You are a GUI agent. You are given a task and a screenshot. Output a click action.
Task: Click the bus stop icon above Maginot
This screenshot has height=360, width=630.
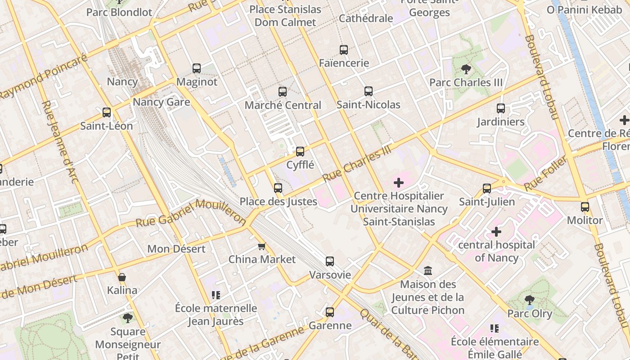tap(197, 68)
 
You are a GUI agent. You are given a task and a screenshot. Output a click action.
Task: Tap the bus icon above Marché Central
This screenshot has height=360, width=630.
tap(283, 92)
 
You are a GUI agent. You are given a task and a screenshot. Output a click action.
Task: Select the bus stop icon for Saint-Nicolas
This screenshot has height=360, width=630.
tap(369, 91)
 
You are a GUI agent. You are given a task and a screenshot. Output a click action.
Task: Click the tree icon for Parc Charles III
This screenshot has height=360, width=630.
tap(466, 69)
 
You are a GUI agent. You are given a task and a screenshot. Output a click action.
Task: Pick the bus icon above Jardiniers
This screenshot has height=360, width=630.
tap(501, 108)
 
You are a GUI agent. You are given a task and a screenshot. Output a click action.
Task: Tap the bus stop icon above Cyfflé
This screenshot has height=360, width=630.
tap(300, 152)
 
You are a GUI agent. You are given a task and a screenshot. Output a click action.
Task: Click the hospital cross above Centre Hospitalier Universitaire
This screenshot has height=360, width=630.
tap(399, 183)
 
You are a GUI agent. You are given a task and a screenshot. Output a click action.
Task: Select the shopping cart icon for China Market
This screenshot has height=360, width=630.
tap(261, 246)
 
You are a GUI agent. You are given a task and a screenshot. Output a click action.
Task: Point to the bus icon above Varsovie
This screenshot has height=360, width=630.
tap(330, 261)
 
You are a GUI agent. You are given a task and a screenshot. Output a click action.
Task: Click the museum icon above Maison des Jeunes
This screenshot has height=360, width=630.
tap(428, 271)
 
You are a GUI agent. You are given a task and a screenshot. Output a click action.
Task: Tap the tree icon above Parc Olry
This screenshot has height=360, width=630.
tap(530, 300)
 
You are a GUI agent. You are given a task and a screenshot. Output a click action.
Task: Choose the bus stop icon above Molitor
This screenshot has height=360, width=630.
tap(585, 207)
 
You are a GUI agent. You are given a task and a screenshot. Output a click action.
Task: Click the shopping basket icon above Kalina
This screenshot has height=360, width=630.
tap(122, 277)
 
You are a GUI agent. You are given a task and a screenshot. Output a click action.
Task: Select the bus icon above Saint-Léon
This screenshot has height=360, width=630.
tap(107, 112)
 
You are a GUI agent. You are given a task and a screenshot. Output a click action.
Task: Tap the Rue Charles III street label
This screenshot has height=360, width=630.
tap(357, 164)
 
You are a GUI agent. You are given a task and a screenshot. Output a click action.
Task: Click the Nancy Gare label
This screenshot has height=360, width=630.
tap(161, 102)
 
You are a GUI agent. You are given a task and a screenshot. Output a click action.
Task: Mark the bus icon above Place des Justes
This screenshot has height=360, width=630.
tap(278, 188)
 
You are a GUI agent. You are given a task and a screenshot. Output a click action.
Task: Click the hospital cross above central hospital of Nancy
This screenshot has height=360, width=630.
tap(496, 232)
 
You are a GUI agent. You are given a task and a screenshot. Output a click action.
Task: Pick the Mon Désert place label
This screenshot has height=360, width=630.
tap(176, 249)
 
